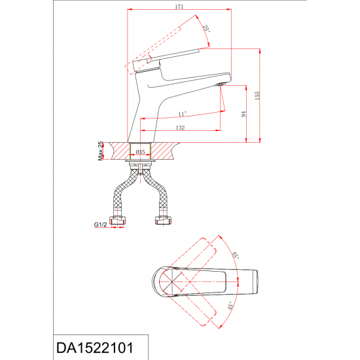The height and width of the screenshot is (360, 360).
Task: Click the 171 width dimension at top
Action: pyautogui.click(x=179, y=7)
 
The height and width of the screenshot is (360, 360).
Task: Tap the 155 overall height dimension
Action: pyautogui.click(x=257, y=96)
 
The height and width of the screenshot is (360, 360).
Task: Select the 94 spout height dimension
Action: pyautogui.click(x=243, y=114)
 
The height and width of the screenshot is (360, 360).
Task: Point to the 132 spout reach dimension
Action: pyautogui.click(x=180, y=128)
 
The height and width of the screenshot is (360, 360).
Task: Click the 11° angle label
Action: pyautogui.click(x=183, y=114)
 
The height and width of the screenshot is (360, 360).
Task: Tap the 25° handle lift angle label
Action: pyautogui.click(x=206, y=29)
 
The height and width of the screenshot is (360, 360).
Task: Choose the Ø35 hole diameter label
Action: pyautogui.click(x=140, y=152)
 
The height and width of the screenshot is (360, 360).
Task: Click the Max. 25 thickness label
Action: pyautogui.click(x=100, y=151)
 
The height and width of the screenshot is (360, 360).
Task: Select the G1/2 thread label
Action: pyautogui.click(x=100, y=225)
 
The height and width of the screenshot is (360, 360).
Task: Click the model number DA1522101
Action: pyautogui.click(x=95, y=348)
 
